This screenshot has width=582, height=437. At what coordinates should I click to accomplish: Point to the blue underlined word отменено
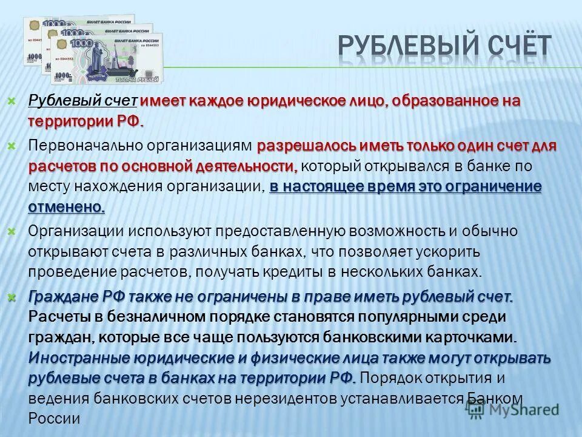67,207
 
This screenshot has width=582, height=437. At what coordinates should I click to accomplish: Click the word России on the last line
55,418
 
